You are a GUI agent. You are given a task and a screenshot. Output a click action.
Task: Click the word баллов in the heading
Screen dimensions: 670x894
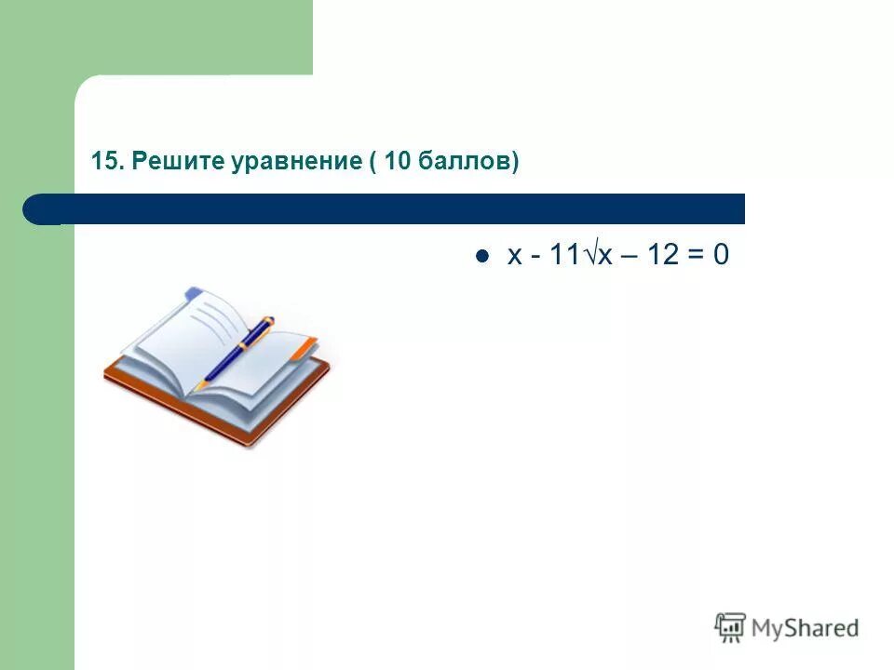pyautogui.click(x=464, y=162)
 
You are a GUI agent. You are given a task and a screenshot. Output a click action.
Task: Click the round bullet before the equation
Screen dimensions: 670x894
pyautogui.click(x=481, y=258)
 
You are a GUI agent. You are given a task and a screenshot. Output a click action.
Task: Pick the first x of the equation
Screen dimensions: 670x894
pyautogui.click(x=515, y=257)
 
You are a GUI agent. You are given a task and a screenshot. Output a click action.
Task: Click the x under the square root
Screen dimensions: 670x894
pyautogui.click(x=605, y=257)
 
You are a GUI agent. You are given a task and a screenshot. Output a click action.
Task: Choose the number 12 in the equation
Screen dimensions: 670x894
pyautogui.click(x=662, y=257)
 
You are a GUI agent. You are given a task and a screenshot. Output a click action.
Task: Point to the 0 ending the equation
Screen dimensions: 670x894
pyautogui.click(x=721, y=257)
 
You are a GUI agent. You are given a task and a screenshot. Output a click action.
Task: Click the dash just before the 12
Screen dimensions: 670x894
pyautogui.click(x=631, y=258)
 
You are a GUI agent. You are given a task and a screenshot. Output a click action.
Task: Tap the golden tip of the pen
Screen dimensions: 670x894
pyautogui.click(x=199, y=384)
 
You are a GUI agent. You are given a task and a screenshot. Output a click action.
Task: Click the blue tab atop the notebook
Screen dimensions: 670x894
pyautogui.click(x=193, y=293)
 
